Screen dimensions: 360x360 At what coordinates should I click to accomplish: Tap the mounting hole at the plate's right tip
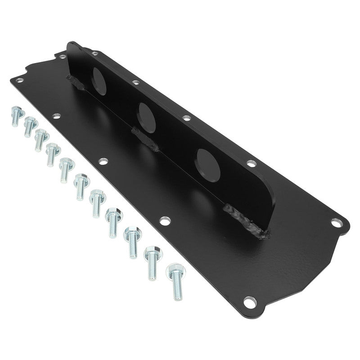point(336,221)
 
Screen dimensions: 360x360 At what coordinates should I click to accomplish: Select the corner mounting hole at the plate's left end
point(18,80)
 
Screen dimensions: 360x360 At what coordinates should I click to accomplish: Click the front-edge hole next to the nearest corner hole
point(165,221)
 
